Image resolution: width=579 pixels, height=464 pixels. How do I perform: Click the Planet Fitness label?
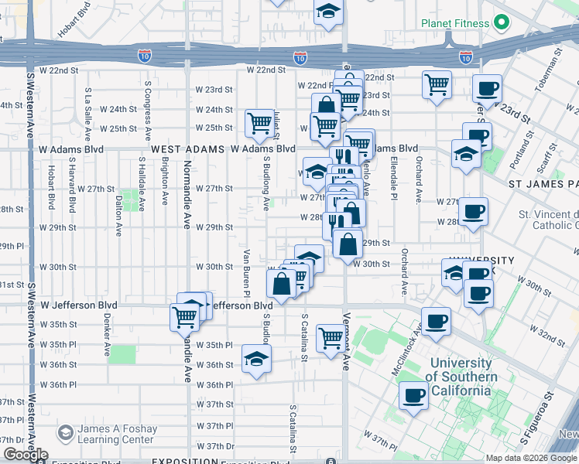(455, 23)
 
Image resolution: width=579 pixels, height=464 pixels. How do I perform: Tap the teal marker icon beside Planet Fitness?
(500, 23)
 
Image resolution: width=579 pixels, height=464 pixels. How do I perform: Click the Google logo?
(25, 455)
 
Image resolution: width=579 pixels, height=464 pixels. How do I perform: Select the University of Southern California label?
(461, 377)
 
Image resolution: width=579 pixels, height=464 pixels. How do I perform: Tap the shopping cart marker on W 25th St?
(259, 123)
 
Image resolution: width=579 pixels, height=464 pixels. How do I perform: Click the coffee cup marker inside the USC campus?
(414, 397)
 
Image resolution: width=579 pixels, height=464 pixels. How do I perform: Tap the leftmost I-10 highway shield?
(144, 56)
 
